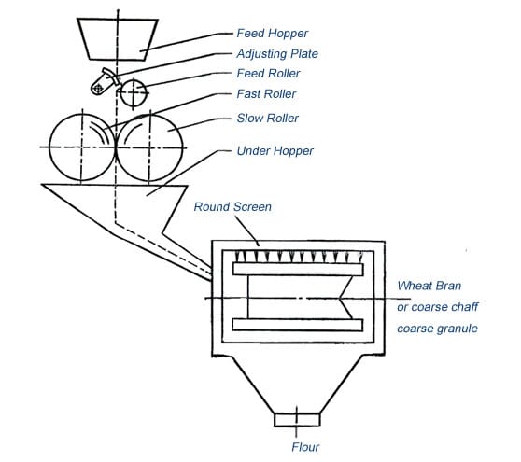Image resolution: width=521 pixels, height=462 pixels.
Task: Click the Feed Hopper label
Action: (272, 34)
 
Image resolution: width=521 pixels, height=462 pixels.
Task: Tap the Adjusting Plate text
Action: (277, 54)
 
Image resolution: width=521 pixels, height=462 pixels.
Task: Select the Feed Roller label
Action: (268, 74)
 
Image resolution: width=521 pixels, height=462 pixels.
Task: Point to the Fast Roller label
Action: (266, 94)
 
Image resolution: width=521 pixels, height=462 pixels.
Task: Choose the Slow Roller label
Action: (267, 118)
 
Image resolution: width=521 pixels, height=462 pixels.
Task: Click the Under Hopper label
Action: (275, 151)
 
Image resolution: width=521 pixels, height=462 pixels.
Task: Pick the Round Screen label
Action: (232, 207)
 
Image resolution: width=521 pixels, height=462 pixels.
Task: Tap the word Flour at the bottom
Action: (305, 447)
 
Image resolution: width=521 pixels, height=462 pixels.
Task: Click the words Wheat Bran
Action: (429, 286)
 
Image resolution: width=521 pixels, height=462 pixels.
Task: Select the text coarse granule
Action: (437, 329)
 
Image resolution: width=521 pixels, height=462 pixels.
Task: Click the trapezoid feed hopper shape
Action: (118, 39)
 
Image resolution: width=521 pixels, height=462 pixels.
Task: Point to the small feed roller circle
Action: (134, 93)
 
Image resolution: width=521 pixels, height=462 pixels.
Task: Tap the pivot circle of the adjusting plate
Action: (97, 89)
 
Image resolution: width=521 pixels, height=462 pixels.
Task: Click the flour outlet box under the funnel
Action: (297, 420)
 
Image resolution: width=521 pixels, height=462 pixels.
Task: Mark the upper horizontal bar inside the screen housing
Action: (298, 269)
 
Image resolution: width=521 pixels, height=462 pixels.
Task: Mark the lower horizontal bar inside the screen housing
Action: (298, 325)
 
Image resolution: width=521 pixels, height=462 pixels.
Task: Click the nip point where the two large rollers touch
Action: (116, 147)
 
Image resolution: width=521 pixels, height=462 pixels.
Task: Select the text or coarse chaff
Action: (437, 307)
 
